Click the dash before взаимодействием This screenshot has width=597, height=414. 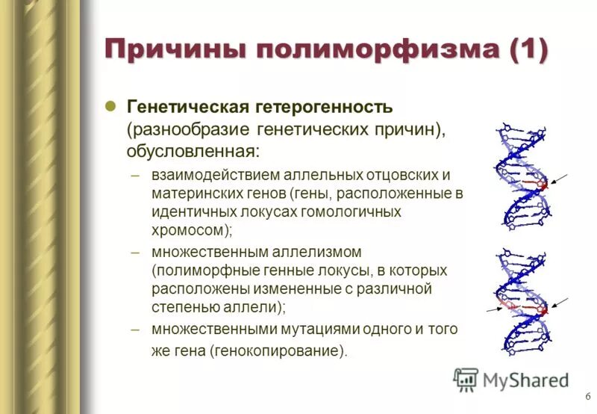pyautogui.click(x=135, y=176)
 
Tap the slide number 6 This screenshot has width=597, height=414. pyautogui.click(x=588, y=396)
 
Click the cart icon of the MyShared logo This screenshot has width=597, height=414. pyautogui.click(x=465, y=380)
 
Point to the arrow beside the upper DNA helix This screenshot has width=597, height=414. pyautogui.click(x=557, y=179)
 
